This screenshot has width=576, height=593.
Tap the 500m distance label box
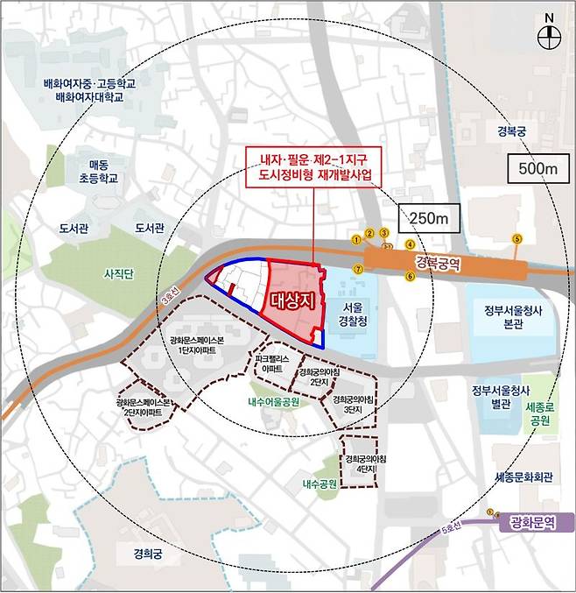(x=536, y=166)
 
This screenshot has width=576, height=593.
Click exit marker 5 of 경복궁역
(x=516, y=238)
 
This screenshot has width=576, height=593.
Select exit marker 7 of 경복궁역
(x=357, y=268)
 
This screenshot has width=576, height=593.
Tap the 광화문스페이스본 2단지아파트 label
(x=144, y=408)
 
